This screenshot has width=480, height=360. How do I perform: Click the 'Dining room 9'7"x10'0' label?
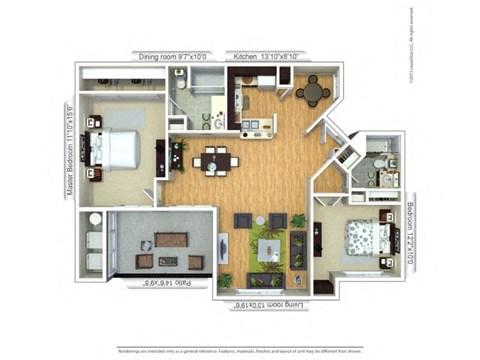pyautogui.click(x=176, y=57)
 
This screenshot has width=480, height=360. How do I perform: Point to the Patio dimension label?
pyautogui.click(x=162, y=285)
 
